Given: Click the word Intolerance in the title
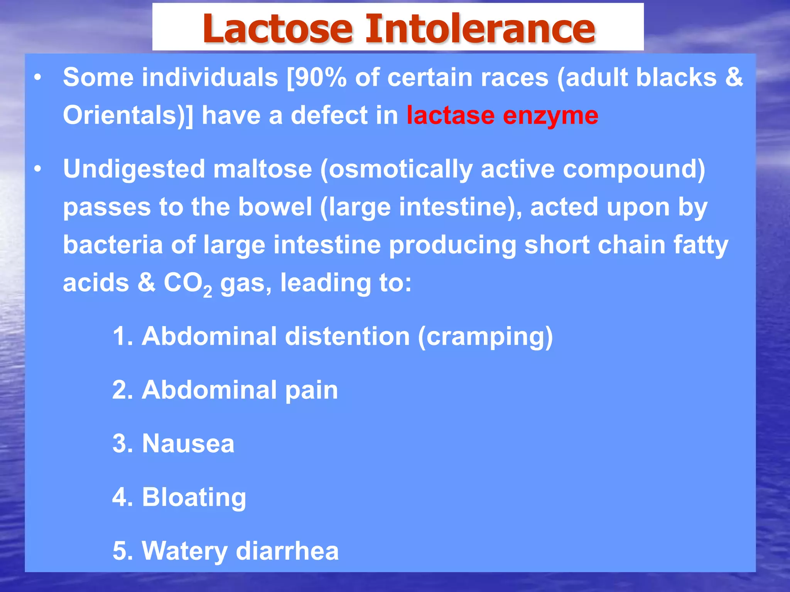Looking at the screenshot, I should [480, 29].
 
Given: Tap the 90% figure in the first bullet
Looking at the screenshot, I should [320, 77].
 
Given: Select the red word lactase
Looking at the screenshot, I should [450, 115].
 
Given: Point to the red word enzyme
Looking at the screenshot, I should [550, 116].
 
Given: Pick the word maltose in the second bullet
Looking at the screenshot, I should [262, 169].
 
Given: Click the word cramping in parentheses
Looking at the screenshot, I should [485, 337].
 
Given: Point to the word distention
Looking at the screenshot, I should [347, 336].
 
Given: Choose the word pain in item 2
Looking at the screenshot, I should [311, 390].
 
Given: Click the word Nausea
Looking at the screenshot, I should [188, 443].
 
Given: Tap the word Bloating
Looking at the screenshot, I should [194, 497].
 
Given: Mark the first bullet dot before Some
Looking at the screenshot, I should [37, 77].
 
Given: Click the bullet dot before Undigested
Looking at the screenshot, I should [37, 169].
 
